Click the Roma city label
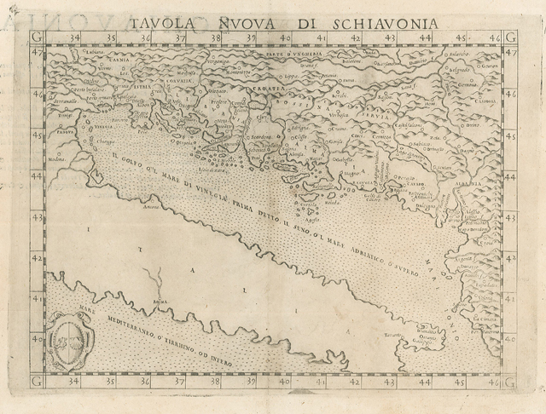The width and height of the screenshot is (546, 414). [x=158, y=301]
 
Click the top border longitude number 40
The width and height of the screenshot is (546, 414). [x=287, y=38]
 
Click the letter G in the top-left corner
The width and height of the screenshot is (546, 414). [x=34, y=37]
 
